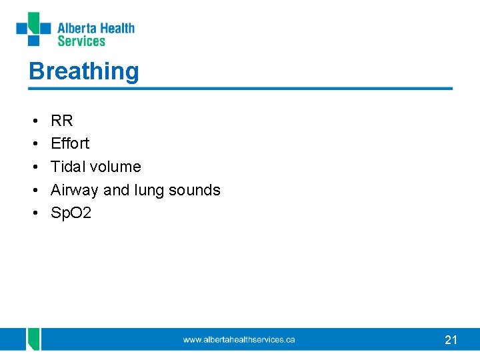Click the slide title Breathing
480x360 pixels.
click(84, 71)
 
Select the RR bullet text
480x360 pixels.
click(62, 121)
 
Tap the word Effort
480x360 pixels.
click(70, 143)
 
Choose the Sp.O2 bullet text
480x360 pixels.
click(71, 213)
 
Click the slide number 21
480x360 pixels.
click(451, 340)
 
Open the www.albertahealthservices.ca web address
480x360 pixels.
click(239, 340)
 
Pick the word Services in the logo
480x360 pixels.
click(81, 41)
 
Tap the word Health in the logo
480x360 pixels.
click(118, 28)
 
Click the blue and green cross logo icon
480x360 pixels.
click(34, 29)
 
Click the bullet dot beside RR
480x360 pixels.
click(33, 121)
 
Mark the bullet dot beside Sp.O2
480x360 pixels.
click(33, 214)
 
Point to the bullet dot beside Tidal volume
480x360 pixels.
click(33, 167)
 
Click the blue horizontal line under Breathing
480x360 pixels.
click(240, 89)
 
